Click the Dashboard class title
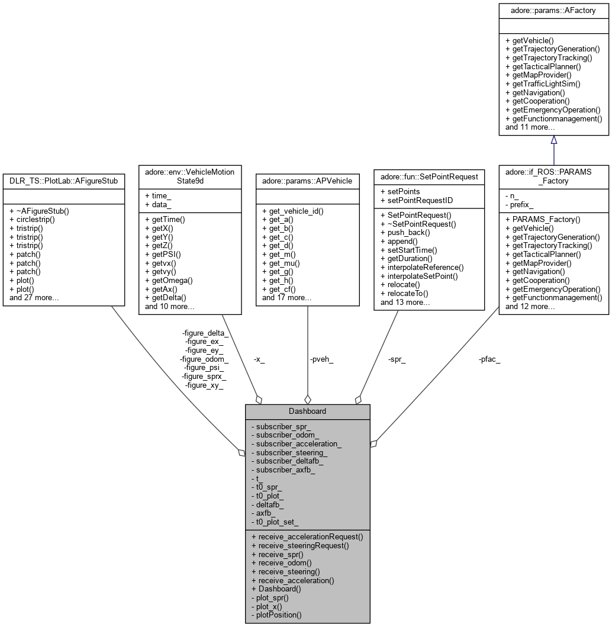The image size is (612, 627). [307, 411]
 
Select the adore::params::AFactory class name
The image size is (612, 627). [553, 11]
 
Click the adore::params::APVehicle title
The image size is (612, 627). [307, 181]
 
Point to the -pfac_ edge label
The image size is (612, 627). [489, 359]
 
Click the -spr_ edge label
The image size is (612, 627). [397, 359]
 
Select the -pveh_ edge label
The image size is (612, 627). [321, 359]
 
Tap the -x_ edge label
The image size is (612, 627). [259, 359]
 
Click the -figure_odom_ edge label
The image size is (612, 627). [204, 359]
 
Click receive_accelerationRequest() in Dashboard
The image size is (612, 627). [307, 536]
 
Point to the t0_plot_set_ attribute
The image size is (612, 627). [277, 522]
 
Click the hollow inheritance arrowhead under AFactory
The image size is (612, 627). [554, 140]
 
